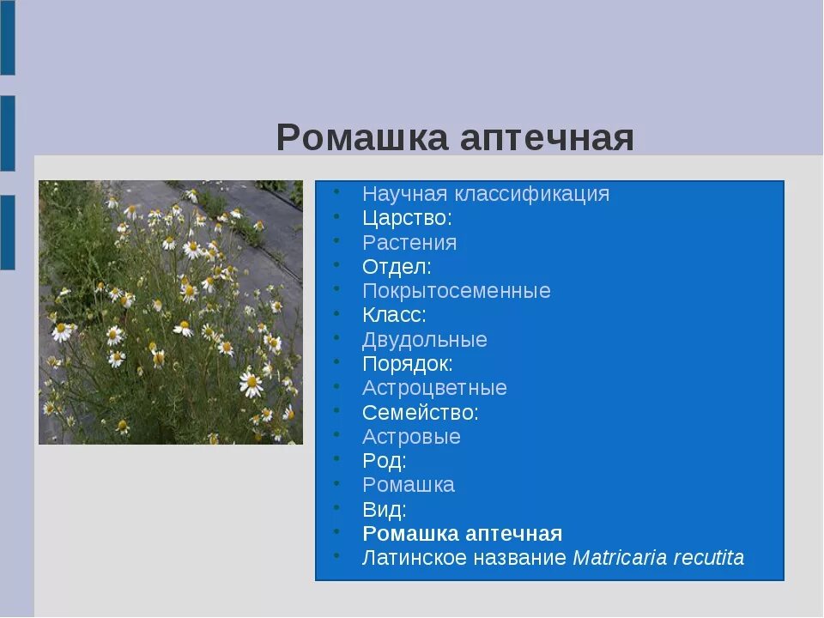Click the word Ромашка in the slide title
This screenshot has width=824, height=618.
click(x=361, y=137)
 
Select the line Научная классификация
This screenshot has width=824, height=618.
click(x=486, y=194)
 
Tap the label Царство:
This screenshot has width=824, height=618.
click(x=407, y=218)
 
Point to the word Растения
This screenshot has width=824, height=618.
click(x=409, y=243)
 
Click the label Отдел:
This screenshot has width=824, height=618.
click(x=397, y=267)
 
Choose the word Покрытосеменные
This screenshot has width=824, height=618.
click(x=456, y=291)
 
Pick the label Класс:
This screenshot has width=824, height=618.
click(x=394, y=315)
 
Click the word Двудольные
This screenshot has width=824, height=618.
click(x=424, y=340)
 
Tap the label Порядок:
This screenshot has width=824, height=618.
click(x=407, y=364)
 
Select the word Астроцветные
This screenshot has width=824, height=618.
click(x=434, y=388)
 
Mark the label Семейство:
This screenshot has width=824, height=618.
click(x=421, y=412)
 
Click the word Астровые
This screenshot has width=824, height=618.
click(x=411, y=437)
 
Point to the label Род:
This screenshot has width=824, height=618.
click(x=384, y=461)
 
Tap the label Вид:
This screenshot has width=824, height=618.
click(x=384, y=510)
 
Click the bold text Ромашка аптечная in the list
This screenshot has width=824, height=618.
click(x=462, y=534)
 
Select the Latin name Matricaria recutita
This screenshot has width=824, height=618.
click(x=658, y=558)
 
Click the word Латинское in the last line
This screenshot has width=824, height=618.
click(x=413, y=558)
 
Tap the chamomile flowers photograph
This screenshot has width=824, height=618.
click(x=171, y=312)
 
